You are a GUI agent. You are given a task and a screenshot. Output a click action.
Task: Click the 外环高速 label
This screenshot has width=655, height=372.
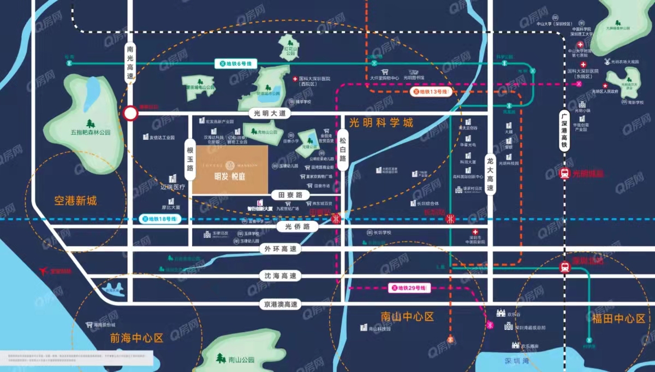[x=281, y=249]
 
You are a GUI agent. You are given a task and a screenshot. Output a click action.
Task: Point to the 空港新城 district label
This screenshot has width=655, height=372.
[x=75, y=201]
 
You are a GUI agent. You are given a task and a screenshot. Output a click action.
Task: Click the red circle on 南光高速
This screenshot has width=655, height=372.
[x=130, y=114]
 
